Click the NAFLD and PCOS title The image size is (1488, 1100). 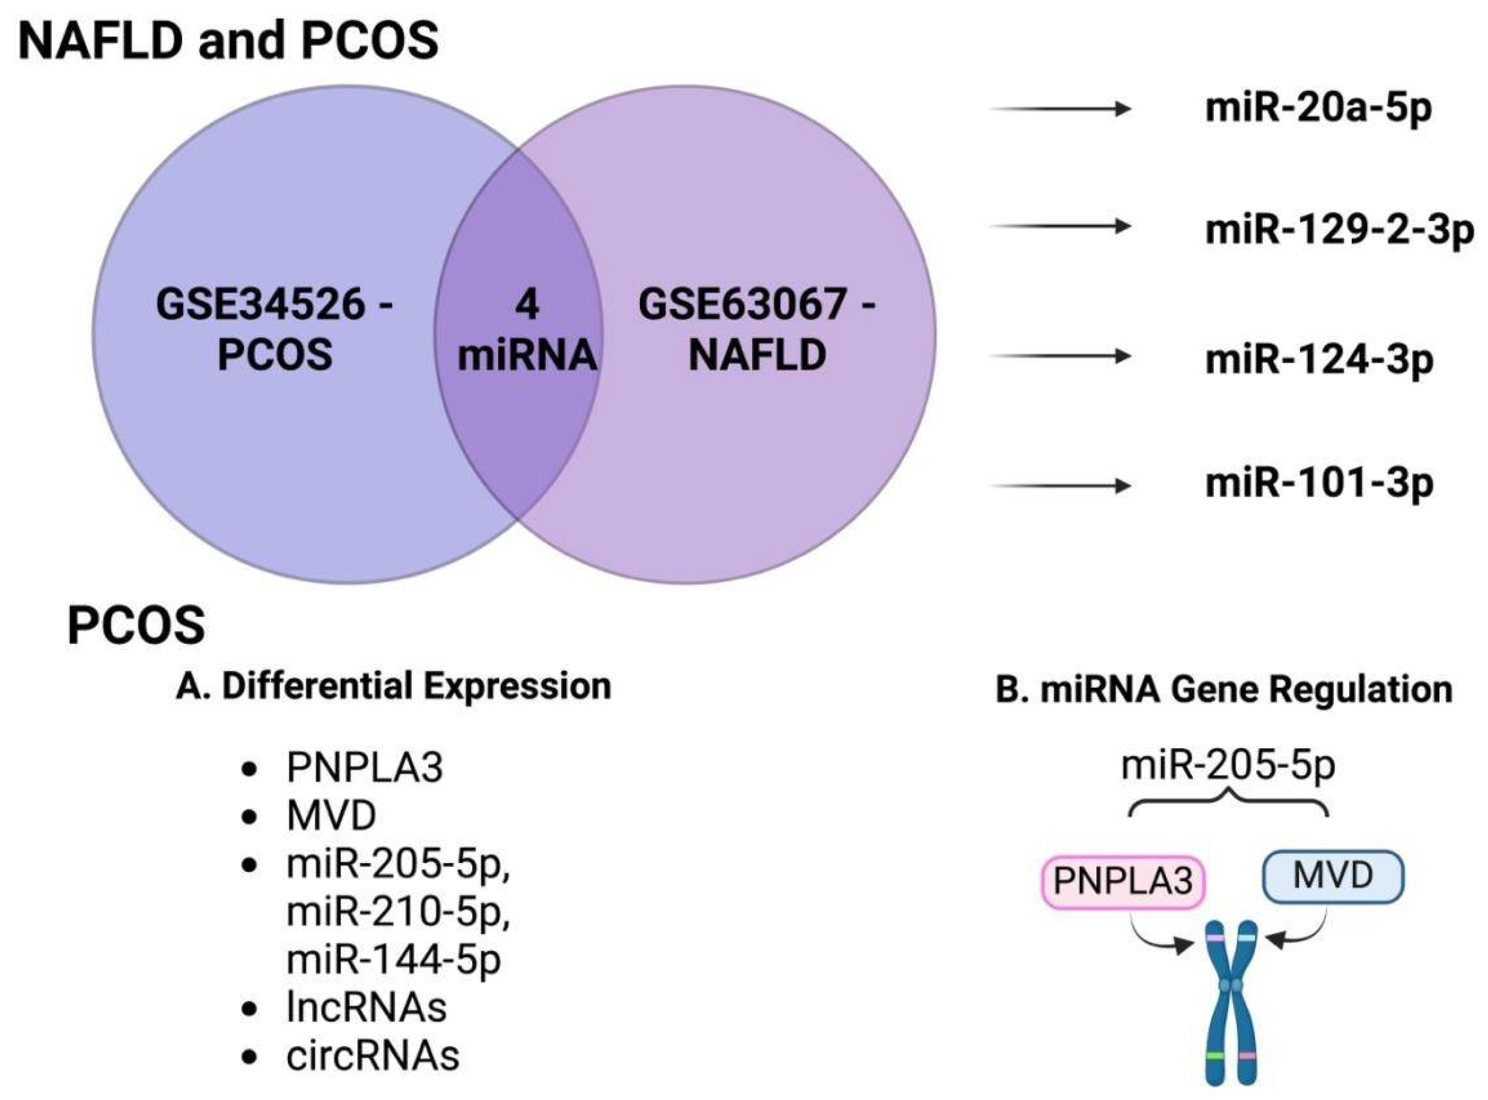point(228,40)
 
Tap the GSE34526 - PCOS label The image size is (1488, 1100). point(274,329)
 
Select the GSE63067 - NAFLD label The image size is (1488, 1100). point(757,329)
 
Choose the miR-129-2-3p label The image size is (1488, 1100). point(1340,230)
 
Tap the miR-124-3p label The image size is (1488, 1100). point(1318,359)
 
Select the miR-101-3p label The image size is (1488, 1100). point(1318,483)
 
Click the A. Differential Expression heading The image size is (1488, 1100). point(394,686)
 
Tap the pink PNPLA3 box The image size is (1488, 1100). point(1123,882)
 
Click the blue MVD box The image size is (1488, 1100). point(1333,876)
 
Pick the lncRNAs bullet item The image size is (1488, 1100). point(366,1008)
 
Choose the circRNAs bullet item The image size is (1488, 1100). point(373,1056)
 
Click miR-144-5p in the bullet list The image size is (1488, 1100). point(394,959)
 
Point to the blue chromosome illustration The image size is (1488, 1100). point(1232,1005)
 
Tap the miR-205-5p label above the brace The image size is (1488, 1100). point(1228,766)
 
